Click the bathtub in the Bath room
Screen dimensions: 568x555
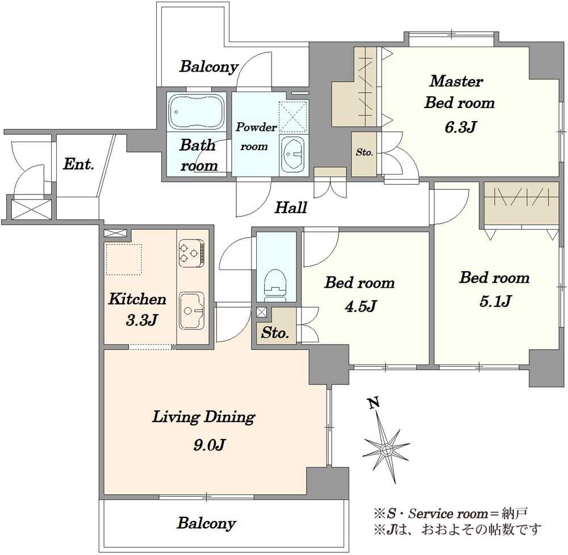(197, 111)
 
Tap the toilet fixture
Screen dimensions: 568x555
(275, 285)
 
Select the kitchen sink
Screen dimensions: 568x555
(192, 310)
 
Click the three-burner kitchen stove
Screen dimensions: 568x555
(191, 253)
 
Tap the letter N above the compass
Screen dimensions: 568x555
(374, 403)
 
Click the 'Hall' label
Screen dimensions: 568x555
(290, 208)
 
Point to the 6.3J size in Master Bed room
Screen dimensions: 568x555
(460, 127)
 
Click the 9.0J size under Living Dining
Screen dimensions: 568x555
(210, 444)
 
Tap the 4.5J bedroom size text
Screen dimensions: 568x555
(361, 306)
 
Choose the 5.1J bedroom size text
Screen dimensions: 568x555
(495, 301)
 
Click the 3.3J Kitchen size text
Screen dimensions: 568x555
(141, 320)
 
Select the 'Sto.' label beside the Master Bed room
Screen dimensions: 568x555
(364, 152)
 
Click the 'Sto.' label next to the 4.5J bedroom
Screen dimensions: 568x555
(275, 333)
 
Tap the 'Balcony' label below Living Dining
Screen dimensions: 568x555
(207, 523)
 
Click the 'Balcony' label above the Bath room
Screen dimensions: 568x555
(209, 67)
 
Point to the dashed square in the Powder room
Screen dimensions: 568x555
(293, 117)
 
